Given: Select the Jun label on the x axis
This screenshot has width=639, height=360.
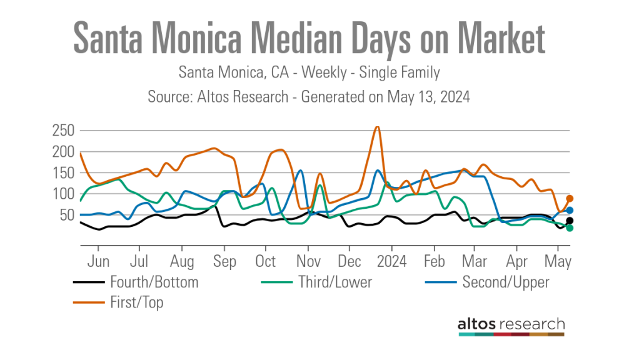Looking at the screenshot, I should coord(99,261).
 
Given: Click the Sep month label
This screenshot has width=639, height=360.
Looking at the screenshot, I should coord(224,261).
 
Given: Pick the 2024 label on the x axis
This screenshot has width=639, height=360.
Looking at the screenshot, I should coord(392,261).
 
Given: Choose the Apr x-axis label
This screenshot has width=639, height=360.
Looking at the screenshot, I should coord(516,261).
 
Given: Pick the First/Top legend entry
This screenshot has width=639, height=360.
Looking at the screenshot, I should coord(136,302).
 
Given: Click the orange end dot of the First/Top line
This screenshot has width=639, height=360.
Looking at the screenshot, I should coord(570,198).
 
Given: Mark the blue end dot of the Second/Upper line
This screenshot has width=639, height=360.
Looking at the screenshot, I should coord(570,211).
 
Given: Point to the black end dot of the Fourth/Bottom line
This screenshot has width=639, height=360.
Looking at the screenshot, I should coord(570,221).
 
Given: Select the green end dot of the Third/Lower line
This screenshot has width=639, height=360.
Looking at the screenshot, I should coord(570,228).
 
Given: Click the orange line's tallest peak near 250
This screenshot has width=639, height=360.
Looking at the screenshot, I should coord(376,127).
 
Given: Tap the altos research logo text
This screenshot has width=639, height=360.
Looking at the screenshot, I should coord(511,324).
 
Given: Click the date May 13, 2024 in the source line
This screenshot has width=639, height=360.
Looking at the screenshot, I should coord(428,97).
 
